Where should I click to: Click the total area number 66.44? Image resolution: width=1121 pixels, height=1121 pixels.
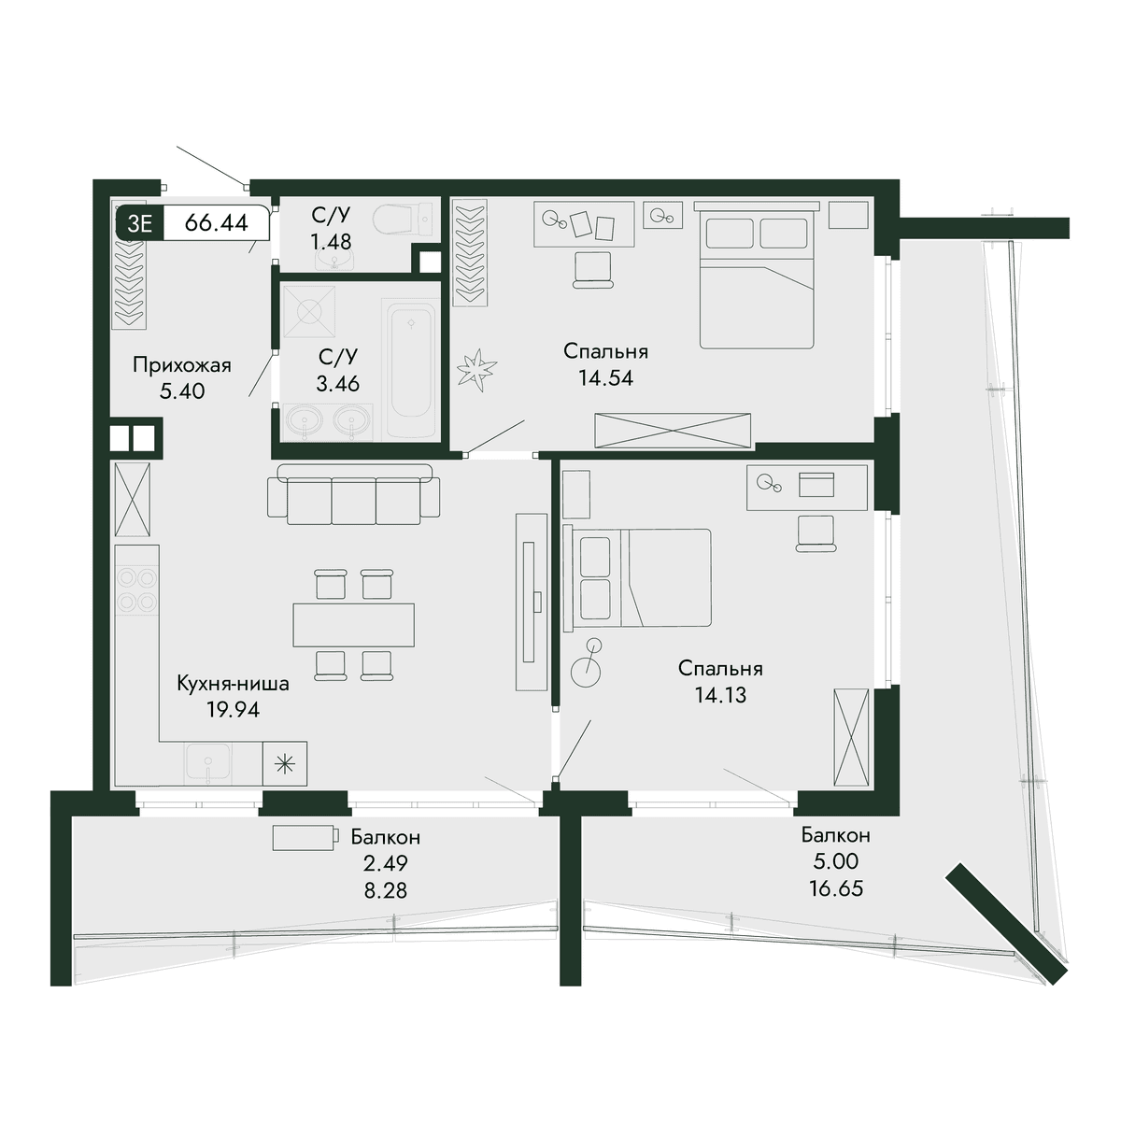(x=217, y=223)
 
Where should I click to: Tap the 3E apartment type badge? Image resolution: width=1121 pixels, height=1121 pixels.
(x=139, y=223)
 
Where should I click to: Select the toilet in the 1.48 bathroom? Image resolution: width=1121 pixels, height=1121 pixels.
(x=402, y=220)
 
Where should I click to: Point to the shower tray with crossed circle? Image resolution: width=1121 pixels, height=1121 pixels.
(x=309, y=311)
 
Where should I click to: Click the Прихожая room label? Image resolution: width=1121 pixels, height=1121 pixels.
(x=182, y=365)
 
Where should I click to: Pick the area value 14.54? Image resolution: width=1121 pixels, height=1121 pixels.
(x=605, y=378)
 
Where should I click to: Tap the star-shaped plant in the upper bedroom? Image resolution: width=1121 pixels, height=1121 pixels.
(x=477, y=370)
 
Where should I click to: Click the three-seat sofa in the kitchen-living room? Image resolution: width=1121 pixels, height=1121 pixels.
(x=354, y=494)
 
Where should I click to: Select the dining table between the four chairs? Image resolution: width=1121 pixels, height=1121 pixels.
(x=354, y=625)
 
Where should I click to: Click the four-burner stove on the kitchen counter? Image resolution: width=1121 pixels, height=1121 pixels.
(x=137, y=589)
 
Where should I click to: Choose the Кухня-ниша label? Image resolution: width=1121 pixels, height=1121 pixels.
(x=233, y=684)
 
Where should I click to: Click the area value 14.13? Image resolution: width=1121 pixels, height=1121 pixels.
(x=720, y=695)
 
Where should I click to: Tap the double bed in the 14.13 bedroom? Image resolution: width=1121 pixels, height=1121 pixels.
(x=638, y=577)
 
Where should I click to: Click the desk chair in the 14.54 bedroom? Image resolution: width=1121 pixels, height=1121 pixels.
(x=593, y=269)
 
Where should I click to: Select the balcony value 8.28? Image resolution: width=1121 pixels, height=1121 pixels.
(x=386, y=890)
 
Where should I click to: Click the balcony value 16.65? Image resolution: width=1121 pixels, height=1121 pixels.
(x=836, y=888)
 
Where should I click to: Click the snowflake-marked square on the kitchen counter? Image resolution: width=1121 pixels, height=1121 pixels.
(x=285, y=764)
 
